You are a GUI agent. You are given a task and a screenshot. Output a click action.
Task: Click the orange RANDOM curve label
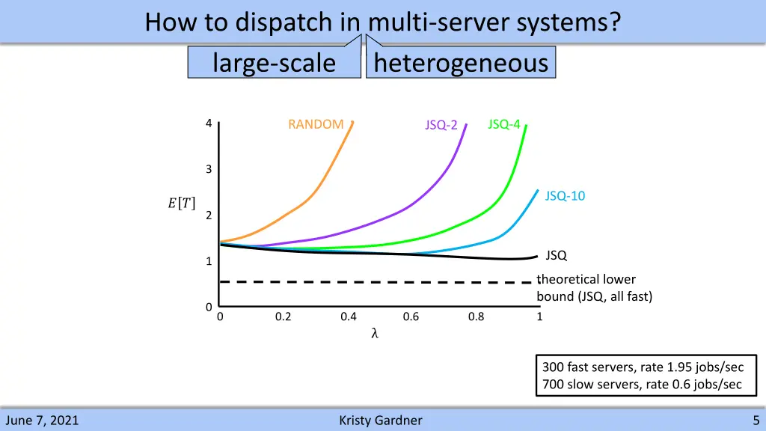coord(316,124)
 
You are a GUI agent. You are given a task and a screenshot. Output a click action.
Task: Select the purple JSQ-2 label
coord(441,125)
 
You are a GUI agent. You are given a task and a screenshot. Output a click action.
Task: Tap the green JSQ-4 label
coord(503,124)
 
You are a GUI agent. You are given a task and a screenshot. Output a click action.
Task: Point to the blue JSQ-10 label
coord(565,196)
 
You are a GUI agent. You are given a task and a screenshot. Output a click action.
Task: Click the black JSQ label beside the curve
coord(556,256)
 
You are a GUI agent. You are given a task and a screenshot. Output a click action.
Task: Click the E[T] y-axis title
coord(182,203)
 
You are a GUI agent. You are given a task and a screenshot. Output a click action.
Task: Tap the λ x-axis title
coord(375,334)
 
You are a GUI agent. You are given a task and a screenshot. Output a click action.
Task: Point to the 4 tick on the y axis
coord(209,123)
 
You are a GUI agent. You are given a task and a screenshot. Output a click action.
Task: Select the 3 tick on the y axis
coord(209,170)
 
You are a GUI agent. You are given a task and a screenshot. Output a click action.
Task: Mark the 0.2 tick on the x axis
coord(283,317)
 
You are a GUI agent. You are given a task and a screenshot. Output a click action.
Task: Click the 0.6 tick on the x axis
coord(411,317)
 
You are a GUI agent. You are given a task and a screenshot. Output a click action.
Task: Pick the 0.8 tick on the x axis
coord(476,317)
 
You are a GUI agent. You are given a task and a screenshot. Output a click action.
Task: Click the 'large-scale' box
coord(274,63)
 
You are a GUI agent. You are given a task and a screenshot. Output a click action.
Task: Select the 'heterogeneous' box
coord(461,63)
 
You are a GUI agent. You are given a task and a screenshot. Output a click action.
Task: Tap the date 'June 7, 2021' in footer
coord(41,421)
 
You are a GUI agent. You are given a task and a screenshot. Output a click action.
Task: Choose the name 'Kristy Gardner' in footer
coord(380,421)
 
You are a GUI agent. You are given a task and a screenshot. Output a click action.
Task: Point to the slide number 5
coord(756,421)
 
